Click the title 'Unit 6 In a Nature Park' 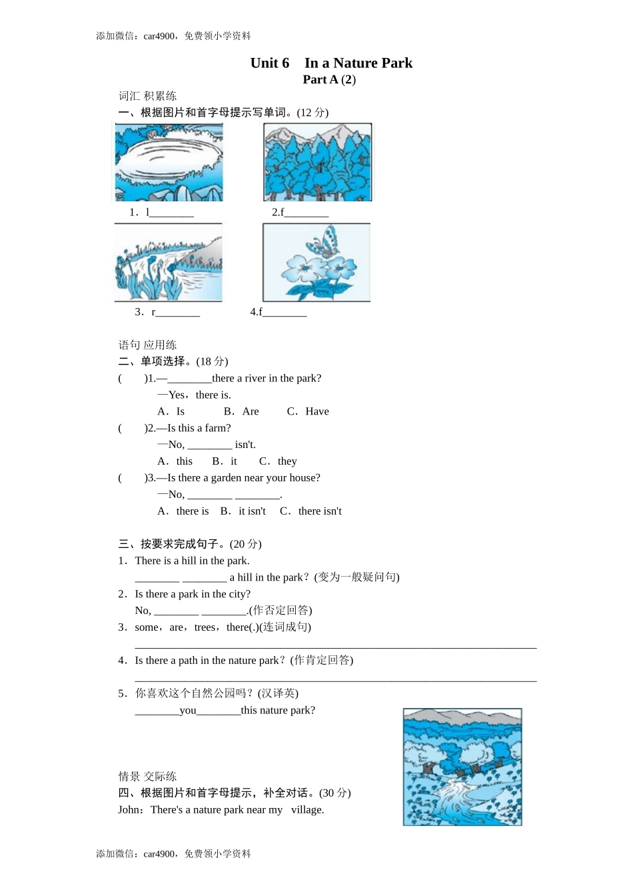point(331,63)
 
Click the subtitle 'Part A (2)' point(329,80)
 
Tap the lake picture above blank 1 point(169,162)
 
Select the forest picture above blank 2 point(318,162)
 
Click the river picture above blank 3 point(168,263)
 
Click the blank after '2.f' point(307,213)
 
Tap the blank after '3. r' point(178,313)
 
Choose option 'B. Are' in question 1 point(241,411)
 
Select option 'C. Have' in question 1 point(308,411)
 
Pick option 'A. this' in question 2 point(175,461)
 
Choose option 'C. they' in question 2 point(279,461)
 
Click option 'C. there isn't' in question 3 point(311,511)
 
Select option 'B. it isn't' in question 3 point(243,511)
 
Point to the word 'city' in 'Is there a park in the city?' point(238,594)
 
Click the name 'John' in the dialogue point(129,810)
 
